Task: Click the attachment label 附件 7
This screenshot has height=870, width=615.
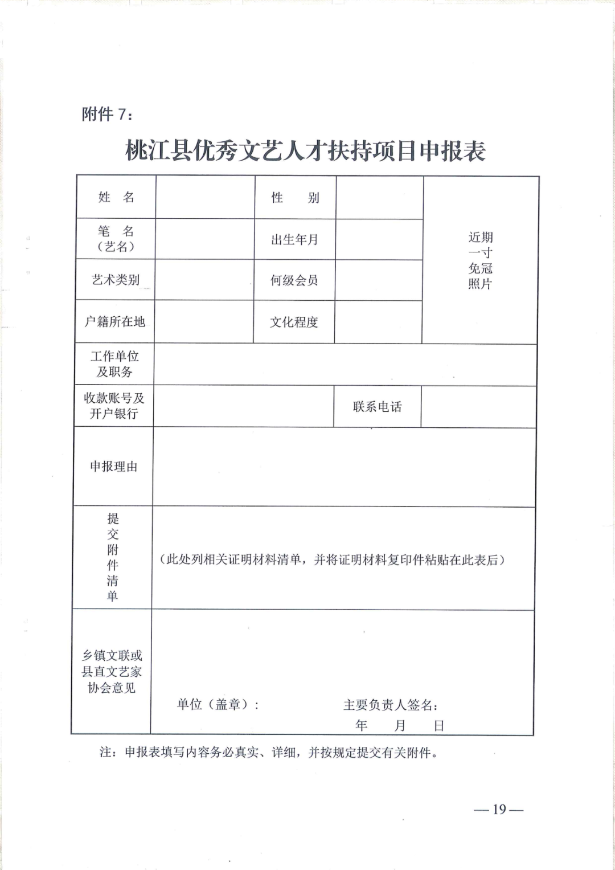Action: [108, 114]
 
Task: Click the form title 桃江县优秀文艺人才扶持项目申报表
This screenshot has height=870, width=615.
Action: [305, 151]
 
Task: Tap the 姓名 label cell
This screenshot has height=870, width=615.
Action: [116, 197]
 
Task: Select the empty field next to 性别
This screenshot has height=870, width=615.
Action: [379, 198]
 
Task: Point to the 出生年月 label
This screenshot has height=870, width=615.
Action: [294, 239]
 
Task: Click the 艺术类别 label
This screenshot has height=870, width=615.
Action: [116, 280]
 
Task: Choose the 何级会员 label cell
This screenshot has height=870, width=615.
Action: [294, 280]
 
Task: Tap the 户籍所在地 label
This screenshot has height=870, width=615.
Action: [115, 322]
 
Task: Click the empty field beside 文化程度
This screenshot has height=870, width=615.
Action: [378, 322]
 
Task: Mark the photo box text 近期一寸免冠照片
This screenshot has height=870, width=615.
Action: [480, 260]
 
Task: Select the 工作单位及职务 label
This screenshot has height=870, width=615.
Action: [114, 364]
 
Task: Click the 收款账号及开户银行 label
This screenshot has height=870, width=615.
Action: [114, 406]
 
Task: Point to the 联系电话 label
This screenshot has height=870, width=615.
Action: [377, 407]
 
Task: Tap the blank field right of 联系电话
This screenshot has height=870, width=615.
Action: [478, 407]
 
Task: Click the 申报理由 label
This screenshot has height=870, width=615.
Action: [114, 467]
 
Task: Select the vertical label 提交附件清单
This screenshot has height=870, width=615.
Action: [113, 557]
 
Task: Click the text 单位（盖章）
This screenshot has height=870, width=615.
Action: [218, 705]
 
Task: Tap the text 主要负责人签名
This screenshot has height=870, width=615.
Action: [391, 705]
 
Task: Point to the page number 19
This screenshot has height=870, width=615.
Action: [499, 810]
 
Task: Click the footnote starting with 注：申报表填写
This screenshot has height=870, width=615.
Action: [269, 753]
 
